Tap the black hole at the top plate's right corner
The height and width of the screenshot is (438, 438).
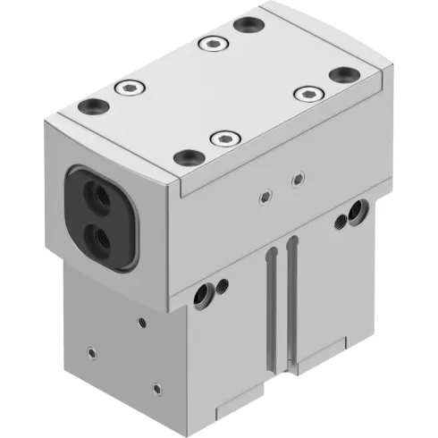(342, 74)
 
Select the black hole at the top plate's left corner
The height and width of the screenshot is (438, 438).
(92, 105)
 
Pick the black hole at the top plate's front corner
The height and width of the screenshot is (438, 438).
(188, 157)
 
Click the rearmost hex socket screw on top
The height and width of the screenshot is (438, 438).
(211, 42)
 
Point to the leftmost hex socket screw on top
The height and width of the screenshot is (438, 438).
(128, 88)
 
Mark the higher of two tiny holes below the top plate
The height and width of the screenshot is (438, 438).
(296, 180)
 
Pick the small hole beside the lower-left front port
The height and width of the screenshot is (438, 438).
(221, 286)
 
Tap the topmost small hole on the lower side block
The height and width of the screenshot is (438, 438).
(142, 318)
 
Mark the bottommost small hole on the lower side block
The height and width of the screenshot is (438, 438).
(156, 388)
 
